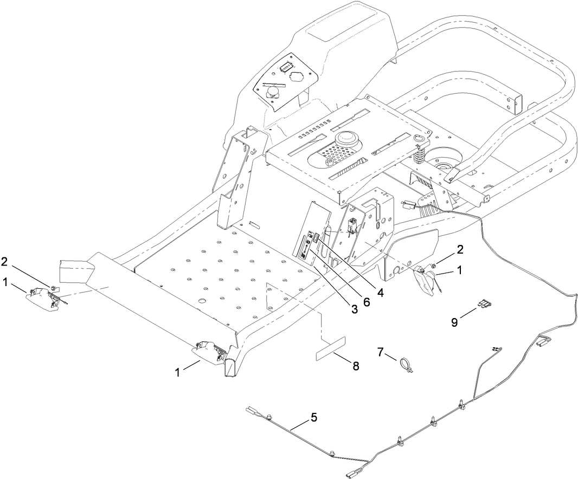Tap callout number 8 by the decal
pos(356,366)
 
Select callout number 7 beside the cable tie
pos(380,353)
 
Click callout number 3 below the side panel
pos(354,309)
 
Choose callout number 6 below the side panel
pos(367,302)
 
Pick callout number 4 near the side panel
pos(381,293)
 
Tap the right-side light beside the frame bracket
pos(425,281)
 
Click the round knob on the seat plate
pos(347,139)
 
